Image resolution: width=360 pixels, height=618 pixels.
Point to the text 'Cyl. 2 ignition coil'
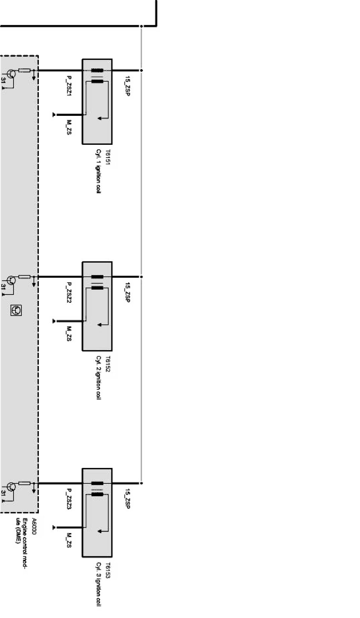coord(99,378)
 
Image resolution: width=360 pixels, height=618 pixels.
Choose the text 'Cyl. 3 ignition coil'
coord(99,585)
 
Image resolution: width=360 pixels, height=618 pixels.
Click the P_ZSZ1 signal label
coord(69,86)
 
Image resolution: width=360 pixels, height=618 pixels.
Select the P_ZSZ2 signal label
coord(69,293)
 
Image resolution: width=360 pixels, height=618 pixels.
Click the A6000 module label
coord(34,525)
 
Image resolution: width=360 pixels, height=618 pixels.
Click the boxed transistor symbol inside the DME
coord(17,310)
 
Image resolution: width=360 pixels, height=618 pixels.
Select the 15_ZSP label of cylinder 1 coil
coord(128,86)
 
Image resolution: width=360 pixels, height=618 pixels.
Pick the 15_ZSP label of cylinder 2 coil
coord(128,293)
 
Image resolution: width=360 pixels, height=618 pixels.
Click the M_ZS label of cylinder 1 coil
coord(69,127)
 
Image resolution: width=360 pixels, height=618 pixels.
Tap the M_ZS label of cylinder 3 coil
coord(69,540)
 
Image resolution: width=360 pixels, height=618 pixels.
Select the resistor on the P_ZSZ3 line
coord(24,483)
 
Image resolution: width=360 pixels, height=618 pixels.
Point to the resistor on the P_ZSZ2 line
coord(24,276)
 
